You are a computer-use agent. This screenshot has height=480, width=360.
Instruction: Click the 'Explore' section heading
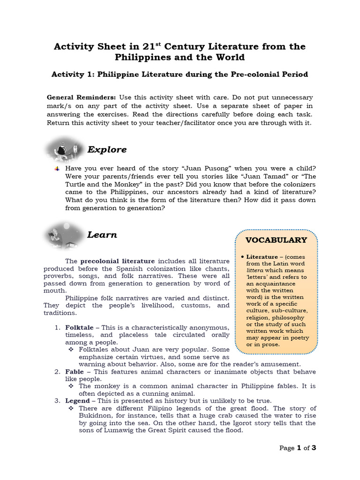[107, 150]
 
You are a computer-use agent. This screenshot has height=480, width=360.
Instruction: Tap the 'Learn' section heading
[102, 235]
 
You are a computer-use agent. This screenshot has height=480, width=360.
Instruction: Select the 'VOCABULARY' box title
[277, 240]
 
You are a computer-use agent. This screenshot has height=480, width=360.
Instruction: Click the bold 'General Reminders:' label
[81, 97]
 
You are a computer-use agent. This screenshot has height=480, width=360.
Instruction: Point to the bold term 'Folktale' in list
[80, 327]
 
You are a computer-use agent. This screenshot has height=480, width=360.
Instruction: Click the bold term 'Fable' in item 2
[75, 372]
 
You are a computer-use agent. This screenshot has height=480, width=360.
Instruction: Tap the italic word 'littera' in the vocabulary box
[255, 270]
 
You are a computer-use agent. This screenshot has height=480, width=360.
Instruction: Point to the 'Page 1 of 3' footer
[298, 448]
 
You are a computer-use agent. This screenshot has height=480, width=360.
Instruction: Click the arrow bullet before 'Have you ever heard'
[57, 168]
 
